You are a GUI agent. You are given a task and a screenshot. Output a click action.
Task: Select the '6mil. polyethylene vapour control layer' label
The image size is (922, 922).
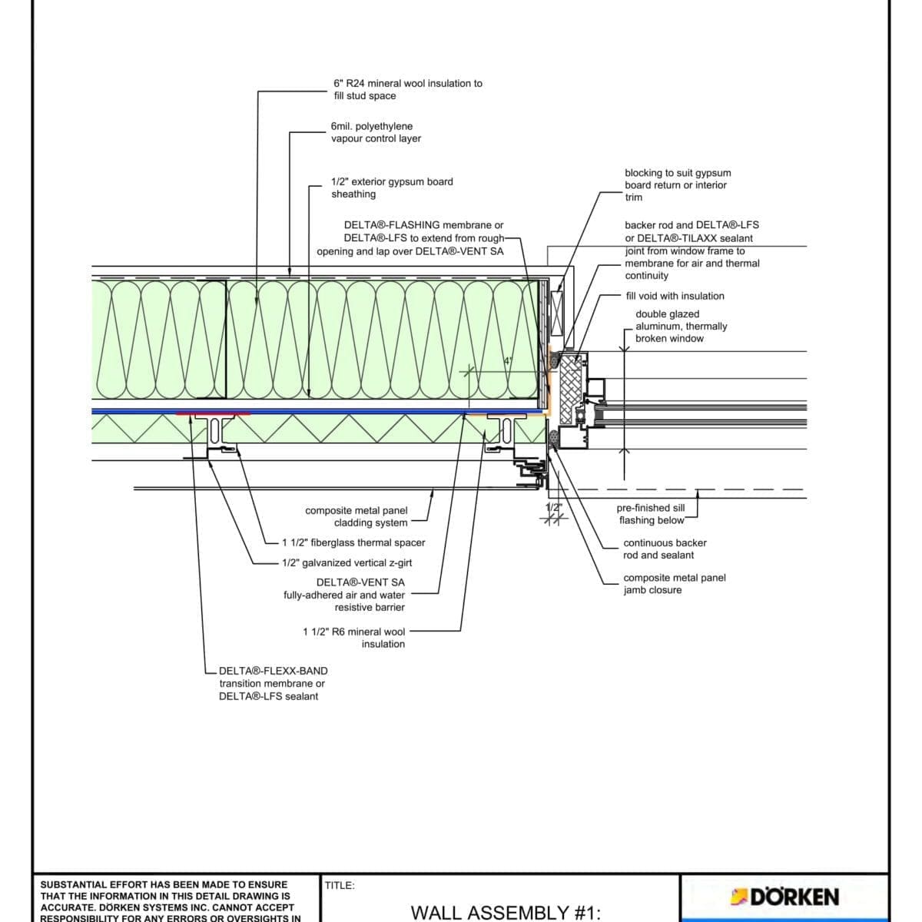[x=376, y=132]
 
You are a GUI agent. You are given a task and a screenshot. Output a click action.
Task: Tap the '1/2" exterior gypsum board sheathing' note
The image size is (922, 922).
[x=392, y=187]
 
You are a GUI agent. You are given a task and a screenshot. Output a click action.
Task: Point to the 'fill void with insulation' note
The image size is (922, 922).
[x=675, y=296]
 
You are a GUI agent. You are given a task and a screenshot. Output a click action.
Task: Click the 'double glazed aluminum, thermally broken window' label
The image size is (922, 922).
[x=681, y=326]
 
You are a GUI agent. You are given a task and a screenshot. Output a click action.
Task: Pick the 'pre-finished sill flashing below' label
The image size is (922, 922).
[x=651, y=514]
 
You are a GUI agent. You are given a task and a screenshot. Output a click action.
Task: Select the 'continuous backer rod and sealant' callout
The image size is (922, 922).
[x=665, y=549]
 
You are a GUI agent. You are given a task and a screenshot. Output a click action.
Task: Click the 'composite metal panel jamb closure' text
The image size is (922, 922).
[x=674, y=583]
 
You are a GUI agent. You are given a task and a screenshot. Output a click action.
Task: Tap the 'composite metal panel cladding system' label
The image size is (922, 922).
[x=357, y=516]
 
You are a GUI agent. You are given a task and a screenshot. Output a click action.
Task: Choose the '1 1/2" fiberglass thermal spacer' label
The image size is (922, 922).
[x=353, y=542]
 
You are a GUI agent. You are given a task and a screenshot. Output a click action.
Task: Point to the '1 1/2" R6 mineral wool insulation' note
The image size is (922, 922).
[x=354, y=638]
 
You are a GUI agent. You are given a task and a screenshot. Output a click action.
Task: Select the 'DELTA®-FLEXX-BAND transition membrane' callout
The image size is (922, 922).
[x=272, y=683]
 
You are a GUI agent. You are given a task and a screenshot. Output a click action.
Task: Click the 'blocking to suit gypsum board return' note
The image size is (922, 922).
[x=677, y=184]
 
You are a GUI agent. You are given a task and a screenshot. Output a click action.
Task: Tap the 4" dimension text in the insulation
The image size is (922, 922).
[x=507, y=361]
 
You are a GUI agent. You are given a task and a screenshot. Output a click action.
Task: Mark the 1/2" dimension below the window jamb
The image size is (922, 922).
[x=553, y=508]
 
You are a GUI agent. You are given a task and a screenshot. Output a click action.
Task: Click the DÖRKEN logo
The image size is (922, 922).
[x=785, y=897]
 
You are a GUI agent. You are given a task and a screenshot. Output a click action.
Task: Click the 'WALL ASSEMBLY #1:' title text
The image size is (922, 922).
[x=505, y=912]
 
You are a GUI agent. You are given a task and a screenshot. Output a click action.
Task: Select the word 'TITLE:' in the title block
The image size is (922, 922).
[x=340, y=885]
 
